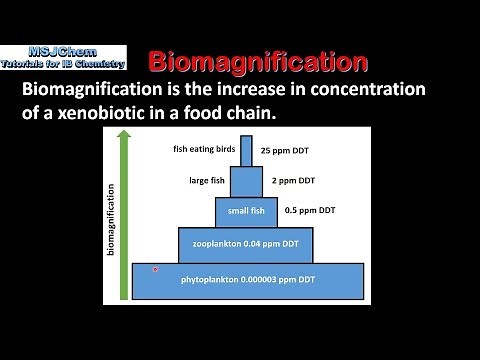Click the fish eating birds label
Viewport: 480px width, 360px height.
pos(207,150)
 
